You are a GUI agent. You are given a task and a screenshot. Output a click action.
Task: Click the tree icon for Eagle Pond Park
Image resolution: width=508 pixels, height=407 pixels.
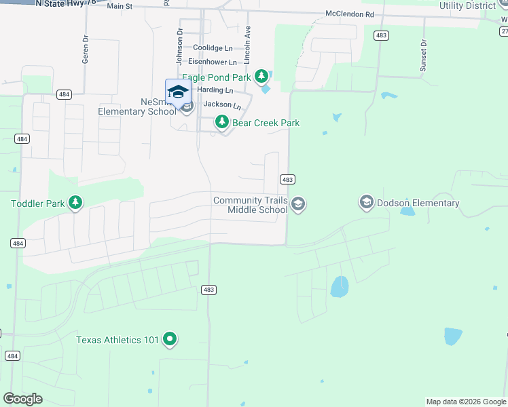tap(260, 76)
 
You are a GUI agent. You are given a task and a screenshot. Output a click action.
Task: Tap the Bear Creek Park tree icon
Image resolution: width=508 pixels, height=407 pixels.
tap(221, 122)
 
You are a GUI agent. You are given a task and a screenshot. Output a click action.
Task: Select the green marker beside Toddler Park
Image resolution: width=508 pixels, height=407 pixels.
tap(75, 202)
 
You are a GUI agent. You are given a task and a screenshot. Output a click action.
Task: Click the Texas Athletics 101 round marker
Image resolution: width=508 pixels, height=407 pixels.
tap(170, 339)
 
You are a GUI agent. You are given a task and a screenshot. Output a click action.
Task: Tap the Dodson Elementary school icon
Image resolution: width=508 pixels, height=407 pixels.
tap(367, 202)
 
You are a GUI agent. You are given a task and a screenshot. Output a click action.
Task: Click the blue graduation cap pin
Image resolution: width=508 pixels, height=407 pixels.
tap(178, 92)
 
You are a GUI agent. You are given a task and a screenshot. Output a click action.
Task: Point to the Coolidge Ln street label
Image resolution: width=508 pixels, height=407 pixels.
tap(213, 48)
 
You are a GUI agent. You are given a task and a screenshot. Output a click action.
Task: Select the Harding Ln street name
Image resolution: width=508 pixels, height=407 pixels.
tap(215, 91)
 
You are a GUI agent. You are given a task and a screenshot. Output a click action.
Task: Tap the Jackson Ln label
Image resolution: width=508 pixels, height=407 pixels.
tap(222, 105)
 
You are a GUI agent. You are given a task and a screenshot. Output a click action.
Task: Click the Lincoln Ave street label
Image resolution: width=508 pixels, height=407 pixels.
tap(248, 41)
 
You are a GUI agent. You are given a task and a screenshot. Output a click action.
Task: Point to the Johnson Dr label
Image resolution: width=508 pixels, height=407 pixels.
tap(180, 40)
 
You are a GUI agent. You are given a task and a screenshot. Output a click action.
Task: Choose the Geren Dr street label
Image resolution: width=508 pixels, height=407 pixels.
tap(86, 50)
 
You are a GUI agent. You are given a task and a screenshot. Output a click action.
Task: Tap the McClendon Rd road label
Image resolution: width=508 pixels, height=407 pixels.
tap(350, 14)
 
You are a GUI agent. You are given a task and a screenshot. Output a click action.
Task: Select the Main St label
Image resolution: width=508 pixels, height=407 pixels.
tap(120, 6)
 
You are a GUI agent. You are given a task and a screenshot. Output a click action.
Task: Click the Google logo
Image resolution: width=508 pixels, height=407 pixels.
tap(22, 399)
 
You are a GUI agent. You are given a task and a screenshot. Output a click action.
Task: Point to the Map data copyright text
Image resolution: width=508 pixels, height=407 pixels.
tap(465, 402)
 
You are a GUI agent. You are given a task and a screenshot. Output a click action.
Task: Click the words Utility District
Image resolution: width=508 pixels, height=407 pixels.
tap(468, 6)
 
